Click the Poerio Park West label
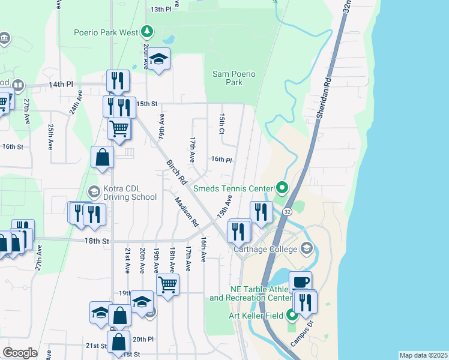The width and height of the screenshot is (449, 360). pos(106,32)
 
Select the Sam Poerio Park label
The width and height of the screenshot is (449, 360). pos(234,78)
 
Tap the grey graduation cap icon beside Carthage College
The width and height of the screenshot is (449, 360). pos(306,248)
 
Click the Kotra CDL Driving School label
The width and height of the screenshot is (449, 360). pos(130,193)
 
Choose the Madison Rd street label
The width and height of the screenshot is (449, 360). pos(187,212)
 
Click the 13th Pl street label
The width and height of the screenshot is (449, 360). pos(161,10)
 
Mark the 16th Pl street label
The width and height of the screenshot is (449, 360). pos(221,160)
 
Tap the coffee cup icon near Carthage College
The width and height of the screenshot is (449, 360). pos(300,281)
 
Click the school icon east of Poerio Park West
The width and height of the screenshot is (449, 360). pos(159,59)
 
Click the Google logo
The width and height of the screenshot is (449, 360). pos(20,353)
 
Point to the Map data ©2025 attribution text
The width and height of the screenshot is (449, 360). pos(423,355)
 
